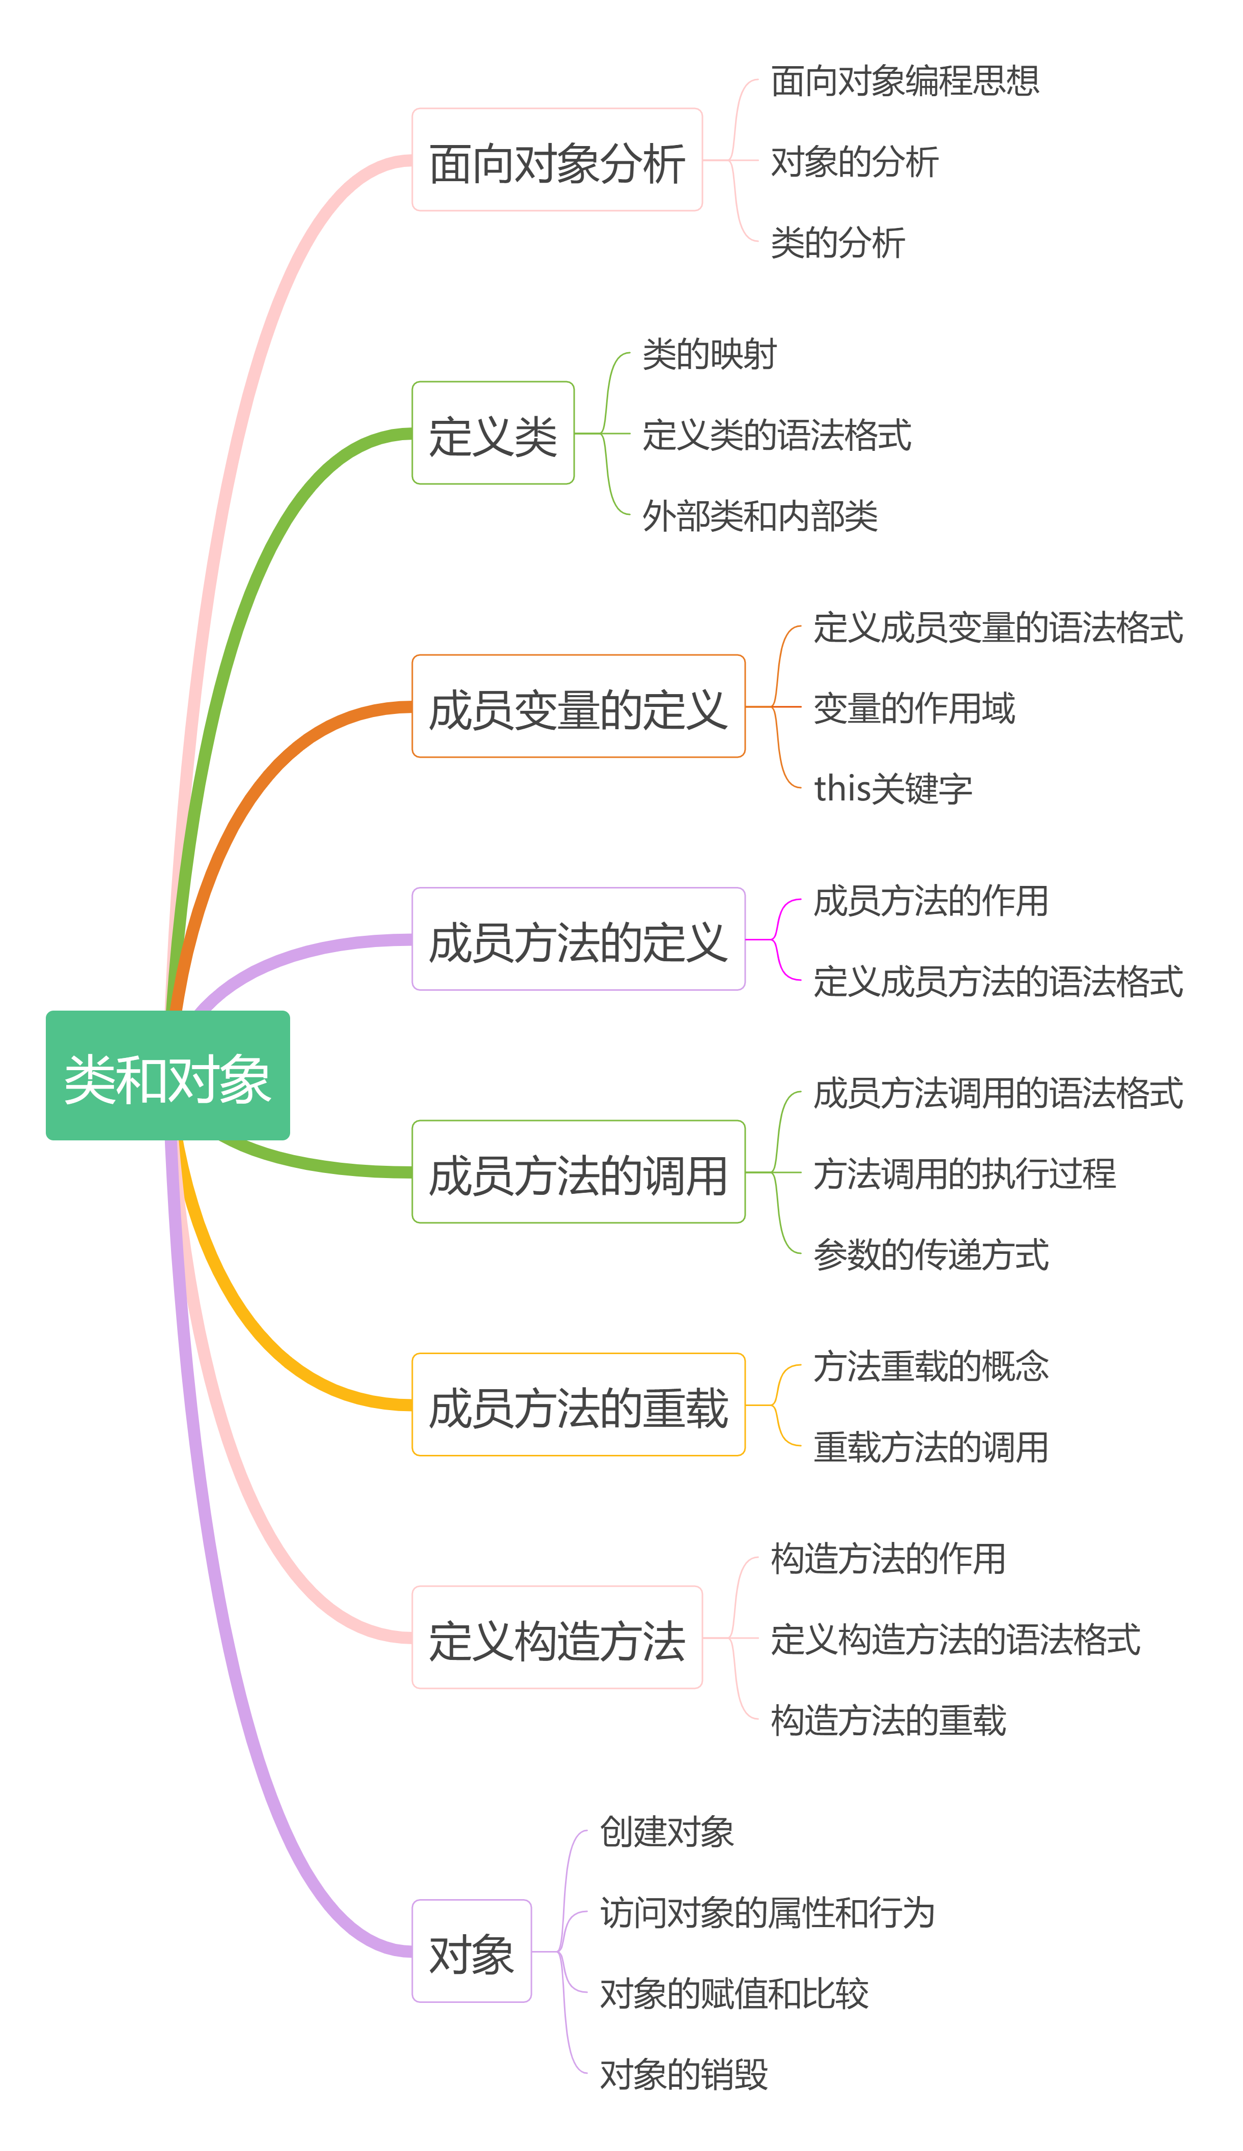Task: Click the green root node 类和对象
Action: coord(167,1075)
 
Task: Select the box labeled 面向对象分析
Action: coord(557,160)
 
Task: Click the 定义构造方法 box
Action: coord(557,1638)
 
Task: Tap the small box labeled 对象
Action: coord(471,1952)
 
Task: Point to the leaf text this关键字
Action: coord(893,788)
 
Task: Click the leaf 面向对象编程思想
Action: coord(905,80)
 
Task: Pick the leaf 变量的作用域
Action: coord(914,707)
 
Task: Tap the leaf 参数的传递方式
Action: coord(930,1253)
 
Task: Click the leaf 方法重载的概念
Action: coord(930,1365)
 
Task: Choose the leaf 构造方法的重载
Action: coord(888,1719)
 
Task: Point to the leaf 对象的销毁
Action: coord(684,2073)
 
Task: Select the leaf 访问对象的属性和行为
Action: coord(768,1912)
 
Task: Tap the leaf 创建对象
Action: coord(667,1831)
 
